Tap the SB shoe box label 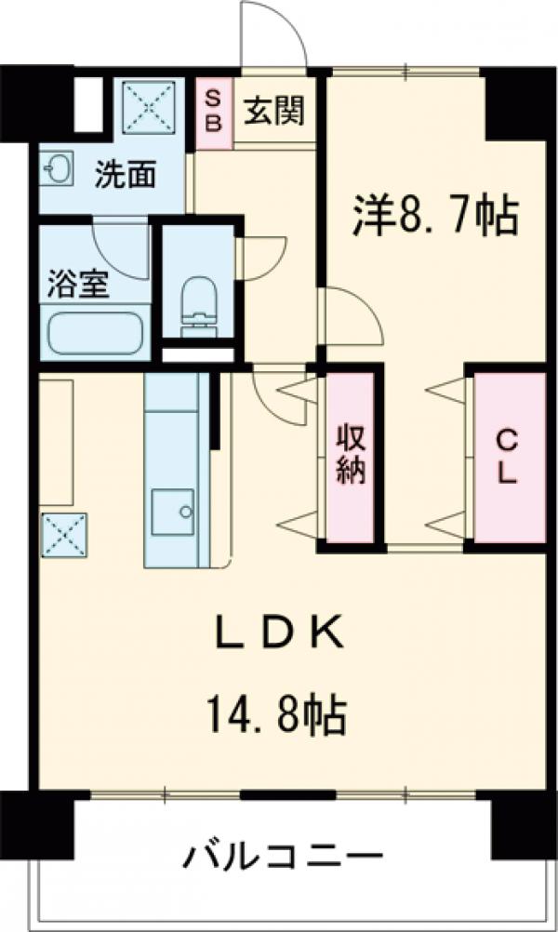213,110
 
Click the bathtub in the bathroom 94,332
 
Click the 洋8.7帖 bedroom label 433,216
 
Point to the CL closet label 507,456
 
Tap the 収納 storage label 351,455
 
